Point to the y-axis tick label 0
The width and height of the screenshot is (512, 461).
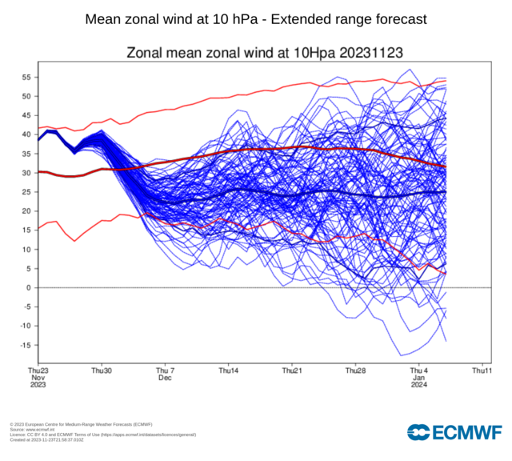point(28,287)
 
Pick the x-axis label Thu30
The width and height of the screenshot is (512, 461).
point(102,371)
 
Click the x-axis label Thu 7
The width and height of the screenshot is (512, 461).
point(165,371)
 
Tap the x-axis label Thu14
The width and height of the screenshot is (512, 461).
point(228,371)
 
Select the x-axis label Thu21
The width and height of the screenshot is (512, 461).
point(291,371)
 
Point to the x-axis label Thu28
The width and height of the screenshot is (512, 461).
point(354,371)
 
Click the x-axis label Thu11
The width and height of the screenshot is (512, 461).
point(481,371)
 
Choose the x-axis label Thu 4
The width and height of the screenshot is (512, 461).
point(418,371)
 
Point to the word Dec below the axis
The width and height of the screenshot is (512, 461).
point(165,378)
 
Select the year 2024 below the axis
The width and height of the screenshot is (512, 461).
point(418,385)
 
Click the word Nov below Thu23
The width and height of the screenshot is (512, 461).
point(38,378)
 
